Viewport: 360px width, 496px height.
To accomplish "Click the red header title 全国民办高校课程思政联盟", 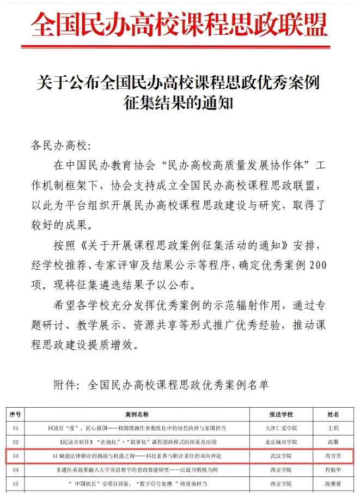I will coord(180,23).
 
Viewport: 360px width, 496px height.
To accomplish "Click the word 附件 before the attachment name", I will coord(66,385).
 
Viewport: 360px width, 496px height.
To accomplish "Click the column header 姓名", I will coord(333,415).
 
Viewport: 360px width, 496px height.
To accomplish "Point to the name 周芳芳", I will coord(333,456).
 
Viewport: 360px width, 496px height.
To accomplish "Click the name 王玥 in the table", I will coord(333,428).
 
